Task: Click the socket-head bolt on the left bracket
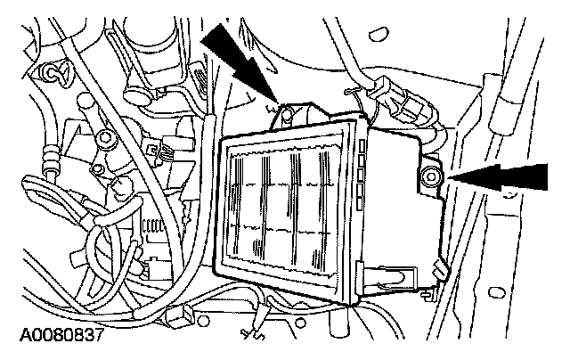coord(105,138)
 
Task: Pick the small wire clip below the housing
coord(251,335)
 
